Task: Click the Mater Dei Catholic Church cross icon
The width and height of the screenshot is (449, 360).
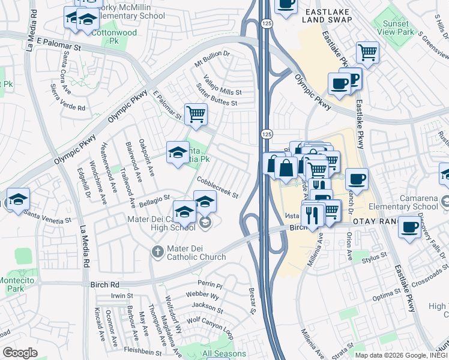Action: (x=157, y=251)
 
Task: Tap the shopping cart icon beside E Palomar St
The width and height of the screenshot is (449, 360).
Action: (x=196, y=114)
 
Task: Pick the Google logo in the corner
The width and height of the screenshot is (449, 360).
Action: (x=20, y=353)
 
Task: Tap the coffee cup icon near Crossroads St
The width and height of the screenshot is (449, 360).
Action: (x=410, y=228)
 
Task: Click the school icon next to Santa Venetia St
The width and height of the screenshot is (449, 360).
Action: (x=17, y=199)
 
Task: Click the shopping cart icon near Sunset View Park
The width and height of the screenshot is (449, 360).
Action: (x=367, y=52)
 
